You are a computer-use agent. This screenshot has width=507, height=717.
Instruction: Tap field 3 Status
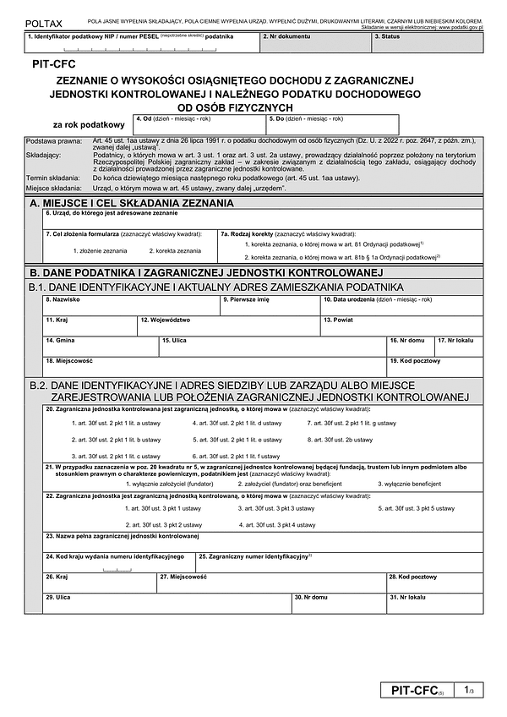click(427, 42)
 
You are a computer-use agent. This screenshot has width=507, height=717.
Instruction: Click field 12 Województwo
click(228, 326)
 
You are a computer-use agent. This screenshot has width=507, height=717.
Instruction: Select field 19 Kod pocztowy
click(434, 366)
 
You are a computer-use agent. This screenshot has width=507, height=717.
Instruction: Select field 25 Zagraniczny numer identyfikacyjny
click(338, 563)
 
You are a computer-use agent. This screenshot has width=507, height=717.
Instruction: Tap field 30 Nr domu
click(338, 604)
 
